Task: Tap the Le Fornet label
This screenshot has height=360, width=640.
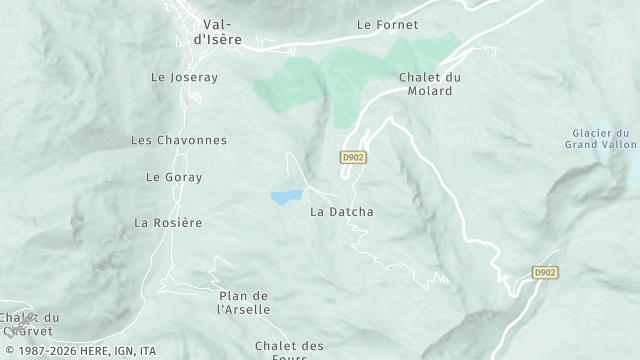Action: tap(387, 24)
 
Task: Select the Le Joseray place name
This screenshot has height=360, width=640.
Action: tap(184, 76)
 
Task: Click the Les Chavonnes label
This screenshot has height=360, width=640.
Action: tap(179, 140)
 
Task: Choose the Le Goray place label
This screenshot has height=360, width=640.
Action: tap(174, 177)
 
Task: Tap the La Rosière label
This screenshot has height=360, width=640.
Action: tap(168, 222)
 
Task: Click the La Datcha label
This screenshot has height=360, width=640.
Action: tap(342, 211)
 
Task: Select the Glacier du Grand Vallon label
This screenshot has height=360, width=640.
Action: tap(600, 139)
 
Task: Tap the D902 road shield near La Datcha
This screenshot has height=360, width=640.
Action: tap(353, 157)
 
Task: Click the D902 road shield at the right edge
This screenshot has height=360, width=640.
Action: tap(544, 271)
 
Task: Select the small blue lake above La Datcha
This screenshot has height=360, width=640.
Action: tap(286, 197)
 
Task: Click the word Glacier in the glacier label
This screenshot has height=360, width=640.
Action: tap(592, 133)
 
